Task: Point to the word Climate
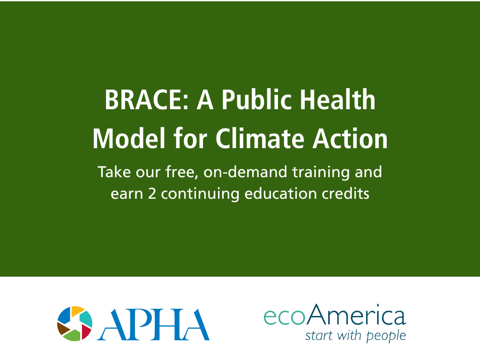[x=260, y=139]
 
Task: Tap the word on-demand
[x=245, y=172]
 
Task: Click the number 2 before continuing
[x=152, y=194]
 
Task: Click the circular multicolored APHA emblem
[x=75, y=323]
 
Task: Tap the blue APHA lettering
[x=153, y=324]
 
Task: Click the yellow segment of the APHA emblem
[x=77, y=310]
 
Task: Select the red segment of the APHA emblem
[x=86, y=331]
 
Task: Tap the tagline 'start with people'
[x=355, y=336]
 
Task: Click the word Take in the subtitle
[x=114, y=172]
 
